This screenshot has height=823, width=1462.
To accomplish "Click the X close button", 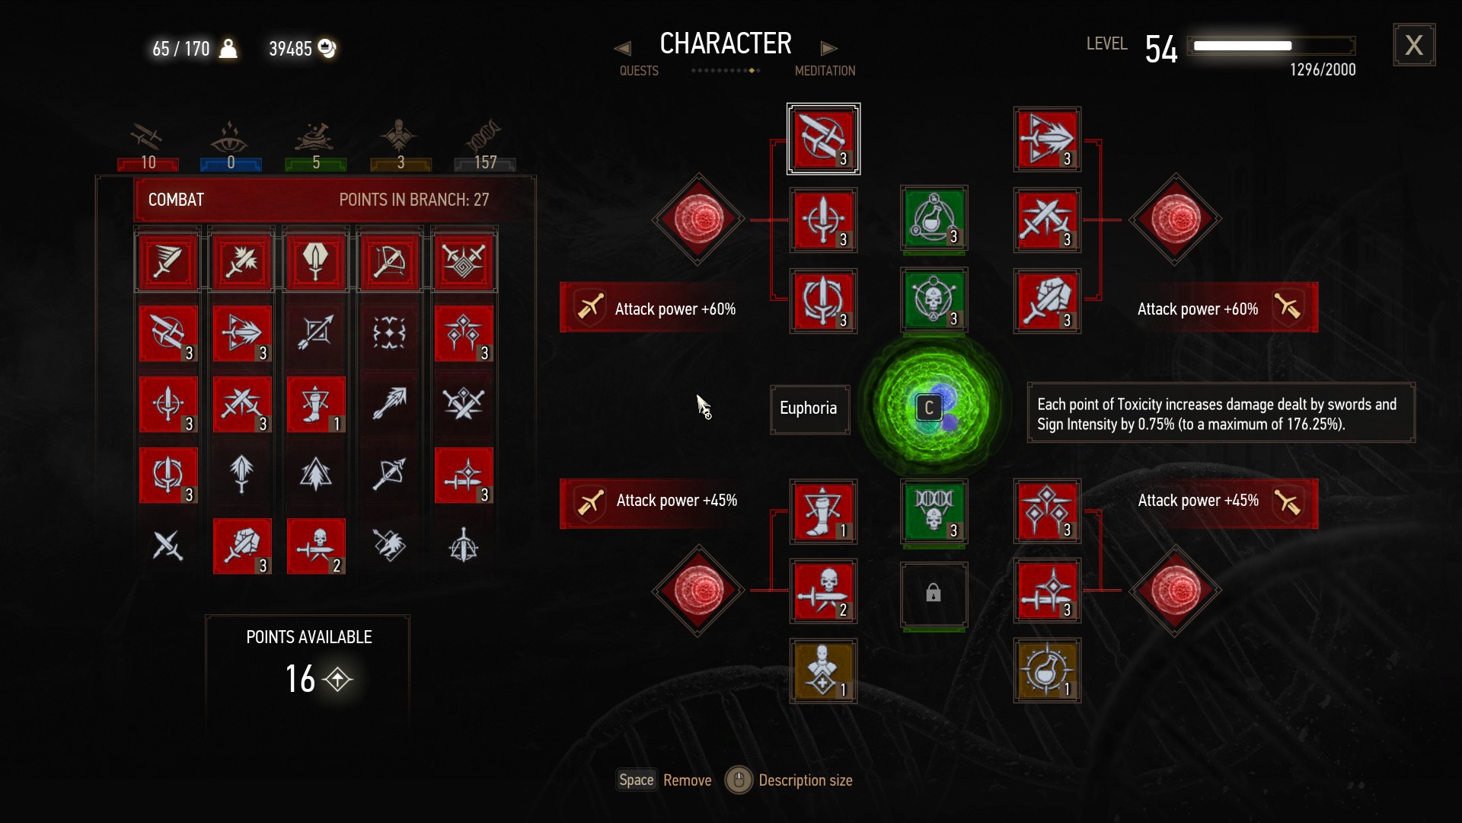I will (x=1414, y=45).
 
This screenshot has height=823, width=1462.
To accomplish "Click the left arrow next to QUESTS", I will (x=622, y=49).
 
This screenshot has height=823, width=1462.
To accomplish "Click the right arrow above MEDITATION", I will (x=828, y=49).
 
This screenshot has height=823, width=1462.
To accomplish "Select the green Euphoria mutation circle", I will (x=933, y=408).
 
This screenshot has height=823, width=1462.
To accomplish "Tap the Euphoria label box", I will (x=809, y=409).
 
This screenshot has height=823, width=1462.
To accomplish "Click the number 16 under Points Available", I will (x=301, y=678).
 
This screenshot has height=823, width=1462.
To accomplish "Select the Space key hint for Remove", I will (x=636, y=780).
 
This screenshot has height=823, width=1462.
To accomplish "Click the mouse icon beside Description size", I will (x=738, y=780).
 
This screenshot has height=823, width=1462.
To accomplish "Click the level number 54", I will (x=1161, y=50).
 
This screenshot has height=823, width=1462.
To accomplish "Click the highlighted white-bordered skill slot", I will (x=823, y=139).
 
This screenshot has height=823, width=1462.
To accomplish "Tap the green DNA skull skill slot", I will (x=934, y=511).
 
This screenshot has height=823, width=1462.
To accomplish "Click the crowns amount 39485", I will (x=291, y=50).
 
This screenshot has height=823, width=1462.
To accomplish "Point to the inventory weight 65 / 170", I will (x=181, y=50).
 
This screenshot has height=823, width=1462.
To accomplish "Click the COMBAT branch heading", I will (x=177, y=200).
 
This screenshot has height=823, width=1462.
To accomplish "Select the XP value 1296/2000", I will (x=1322, y=70).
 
